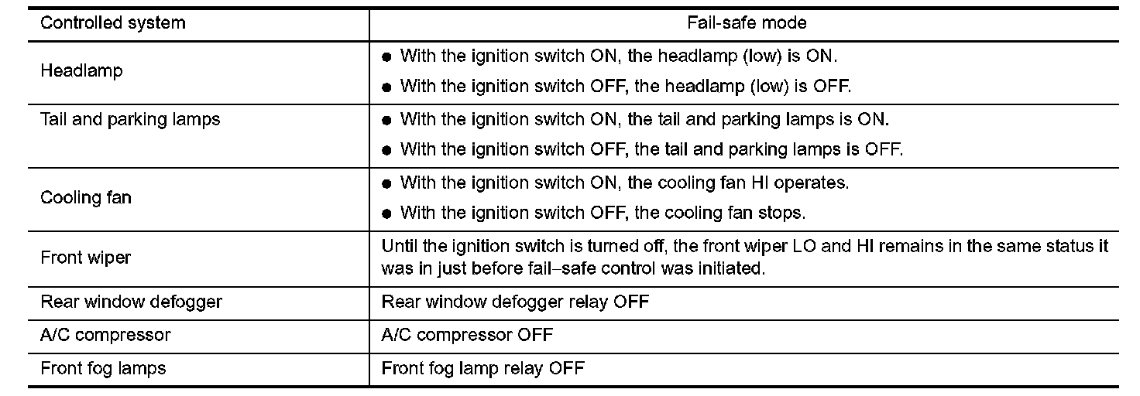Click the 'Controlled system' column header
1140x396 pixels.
[112, 23]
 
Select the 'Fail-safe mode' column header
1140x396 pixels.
[747, 23]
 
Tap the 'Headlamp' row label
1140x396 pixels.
[81, 71]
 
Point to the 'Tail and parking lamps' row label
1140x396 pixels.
[130, 120]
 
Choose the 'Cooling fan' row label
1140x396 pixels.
[86, 197]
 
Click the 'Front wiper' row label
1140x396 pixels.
[85, 258]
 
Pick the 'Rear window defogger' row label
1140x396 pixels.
[131, 302]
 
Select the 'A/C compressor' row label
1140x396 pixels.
[105, 336]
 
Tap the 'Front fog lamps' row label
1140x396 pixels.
[103, 368]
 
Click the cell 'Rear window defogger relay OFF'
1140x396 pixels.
[515, 302]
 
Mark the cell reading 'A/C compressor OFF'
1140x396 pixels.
[467, 336]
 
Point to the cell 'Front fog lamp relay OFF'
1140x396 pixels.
[482, 368]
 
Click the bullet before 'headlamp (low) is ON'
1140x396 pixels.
[386, 58]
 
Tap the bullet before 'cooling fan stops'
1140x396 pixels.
[386, 213]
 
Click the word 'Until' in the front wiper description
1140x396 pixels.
[399, 247]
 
